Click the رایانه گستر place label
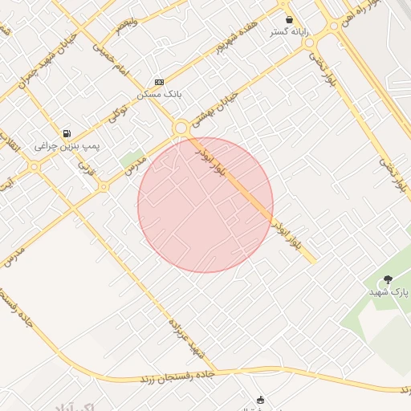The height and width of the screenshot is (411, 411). point(290,31)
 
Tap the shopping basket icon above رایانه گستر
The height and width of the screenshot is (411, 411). point(289,18)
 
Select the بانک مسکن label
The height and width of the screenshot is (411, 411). point(159,94)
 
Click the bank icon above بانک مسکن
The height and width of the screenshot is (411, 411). point(159,82)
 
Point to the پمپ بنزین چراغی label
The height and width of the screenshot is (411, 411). point(66,147)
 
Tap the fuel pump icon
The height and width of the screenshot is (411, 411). point(66,133)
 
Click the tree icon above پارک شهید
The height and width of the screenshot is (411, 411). point(389,279)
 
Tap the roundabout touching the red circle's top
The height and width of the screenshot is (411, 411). point(181,127)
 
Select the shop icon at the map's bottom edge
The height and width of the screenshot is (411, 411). point(260,400)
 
